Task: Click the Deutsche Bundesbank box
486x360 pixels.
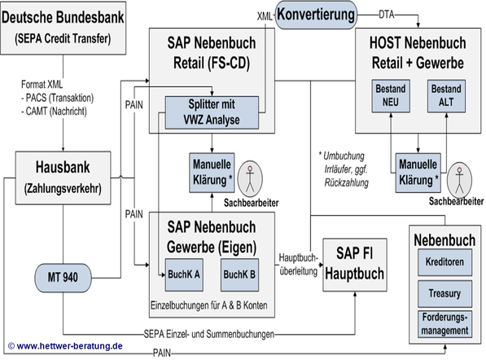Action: coord(63,29)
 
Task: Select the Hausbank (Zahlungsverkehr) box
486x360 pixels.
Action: coord(63,178)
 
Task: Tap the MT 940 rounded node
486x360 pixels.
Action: coord(63,278)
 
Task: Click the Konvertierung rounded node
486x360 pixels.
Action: coord(316,15)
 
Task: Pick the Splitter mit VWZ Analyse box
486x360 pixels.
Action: coord(212,112)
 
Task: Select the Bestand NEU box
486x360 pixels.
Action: coord(391,96)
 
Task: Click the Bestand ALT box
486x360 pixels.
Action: coord(446,96)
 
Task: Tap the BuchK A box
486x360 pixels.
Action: coord(184,274)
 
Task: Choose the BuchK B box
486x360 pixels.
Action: coord(239,274)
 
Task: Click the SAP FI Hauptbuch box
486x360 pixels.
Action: coord(355,265)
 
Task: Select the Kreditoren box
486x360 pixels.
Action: coord(444,262)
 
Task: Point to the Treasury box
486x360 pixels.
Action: coord(444,294)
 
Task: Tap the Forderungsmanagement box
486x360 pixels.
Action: coord(444,324)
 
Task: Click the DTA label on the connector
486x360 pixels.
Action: coord(387,15)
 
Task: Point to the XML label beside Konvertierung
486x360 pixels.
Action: coord(265,16)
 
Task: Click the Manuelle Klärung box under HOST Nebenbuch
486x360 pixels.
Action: coord(418,173)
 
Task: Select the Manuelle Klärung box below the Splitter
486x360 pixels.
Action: coord(212,173)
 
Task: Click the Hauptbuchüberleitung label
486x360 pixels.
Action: coord(299,265)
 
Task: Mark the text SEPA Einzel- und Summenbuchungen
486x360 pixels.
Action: coord(209,334)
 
